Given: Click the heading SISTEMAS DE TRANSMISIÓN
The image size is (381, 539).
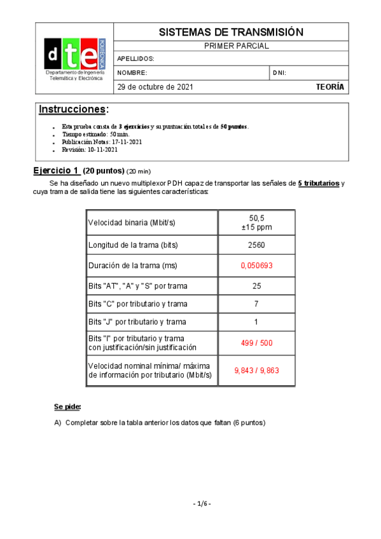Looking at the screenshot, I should tap(230, 32).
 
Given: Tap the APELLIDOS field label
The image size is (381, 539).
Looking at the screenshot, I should tap(135, 59).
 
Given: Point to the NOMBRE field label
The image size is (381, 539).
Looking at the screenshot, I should tap(132, 73).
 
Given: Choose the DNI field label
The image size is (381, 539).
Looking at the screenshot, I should tap(279, 73).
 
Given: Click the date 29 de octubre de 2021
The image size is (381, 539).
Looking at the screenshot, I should tap(156, 87).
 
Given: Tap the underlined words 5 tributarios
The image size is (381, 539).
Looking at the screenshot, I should tap(318, 184).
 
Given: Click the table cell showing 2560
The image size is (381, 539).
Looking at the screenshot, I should tap(256, 245).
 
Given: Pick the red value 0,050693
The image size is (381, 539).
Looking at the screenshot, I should tap(256, 265).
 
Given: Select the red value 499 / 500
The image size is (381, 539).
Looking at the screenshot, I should tap(256, 343).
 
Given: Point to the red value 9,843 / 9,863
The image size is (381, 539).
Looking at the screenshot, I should tap(256, 371).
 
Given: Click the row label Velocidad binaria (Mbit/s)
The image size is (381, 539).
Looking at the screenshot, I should tap(131, 222).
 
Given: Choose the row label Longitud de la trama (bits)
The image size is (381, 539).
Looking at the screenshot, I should tap(133, 245).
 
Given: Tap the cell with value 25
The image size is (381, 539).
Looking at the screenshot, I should tap(256, 286).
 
